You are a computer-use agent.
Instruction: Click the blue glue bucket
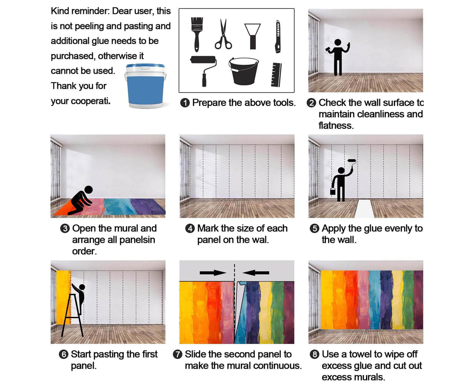[x=145, y=86]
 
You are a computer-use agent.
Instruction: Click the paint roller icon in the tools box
[x=204, y=71]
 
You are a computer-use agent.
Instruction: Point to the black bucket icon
[x=243, y=71]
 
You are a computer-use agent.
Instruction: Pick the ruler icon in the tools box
[x=276, y=75]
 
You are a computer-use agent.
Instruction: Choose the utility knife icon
[x=278, y=36]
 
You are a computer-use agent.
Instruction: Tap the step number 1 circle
[x=185, y=103]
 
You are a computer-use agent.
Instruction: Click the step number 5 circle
[x=314, y=229]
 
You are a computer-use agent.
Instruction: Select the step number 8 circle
[x=314, y=354]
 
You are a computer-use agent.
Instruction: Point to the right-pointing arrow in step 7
[x=213, y=273]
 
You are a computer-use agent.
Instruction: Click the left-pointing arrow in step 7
[x=256, y=273]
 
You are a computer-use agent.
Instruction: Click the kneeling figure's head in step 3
[x=89, y=190]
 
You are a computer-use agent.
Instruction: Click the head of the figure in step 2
[x=338, y=42]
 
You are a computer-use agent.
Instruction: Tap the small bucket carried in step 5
[x=333, y=191]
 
